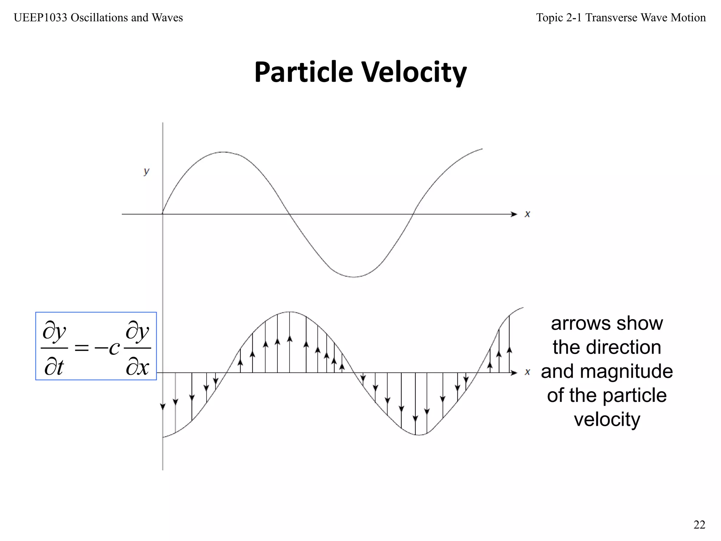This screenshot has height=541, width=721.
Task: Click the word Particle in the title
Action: click(303, 72)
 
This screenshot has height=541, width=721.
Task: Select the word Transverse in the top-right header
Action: click(611, 18)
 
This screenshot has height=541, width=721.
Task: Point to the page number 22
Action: click(699, 525)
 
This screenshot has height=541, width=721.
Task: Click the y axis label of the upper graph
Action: click(146, 172)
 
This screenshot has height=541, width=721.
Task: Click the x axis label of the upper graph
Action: click(527, 214)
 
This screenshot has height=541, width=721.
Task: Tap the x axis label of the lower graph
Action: click(527, 372)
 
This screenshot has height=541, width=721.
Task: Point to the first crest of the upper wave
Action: click(223, 152)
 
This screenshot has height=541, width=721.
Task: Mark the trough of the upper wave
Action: click(353, 277)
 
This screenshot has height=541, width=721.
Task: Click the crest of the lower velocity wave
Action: click(289, 312)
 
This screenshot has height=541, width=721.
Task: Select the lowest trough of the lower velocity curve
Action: click(418, 435)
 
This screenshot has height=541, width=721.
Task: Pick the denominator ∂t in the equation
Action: click(54, 367)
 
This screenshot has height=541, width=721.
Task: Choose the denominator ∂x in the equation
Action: click(138, 367)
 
